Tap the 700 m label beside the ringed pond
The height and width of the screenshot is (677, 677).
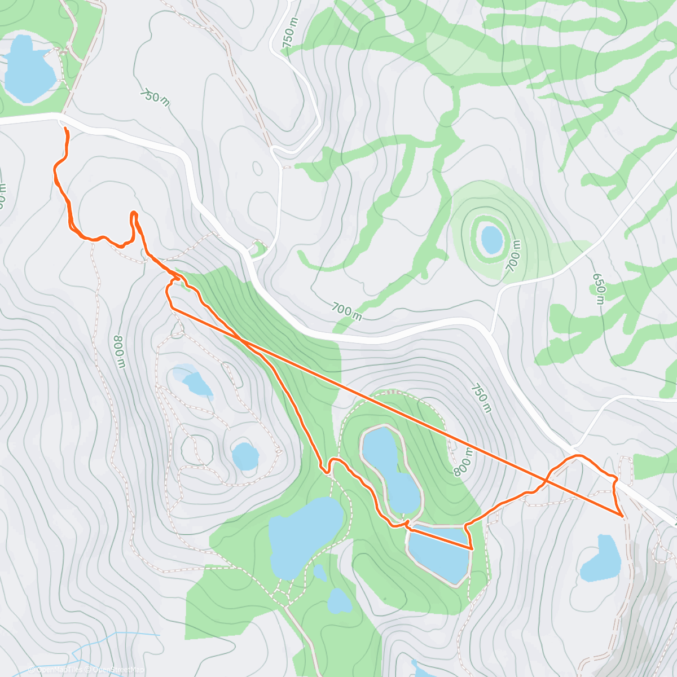(513, 256)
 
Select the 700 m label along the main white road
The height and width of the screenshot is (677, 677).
(346, 310)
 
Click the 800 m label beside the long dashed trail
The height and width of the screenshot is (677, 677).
(119, 351)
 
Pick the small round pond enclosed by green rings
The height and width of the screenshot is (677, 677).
(491, 239)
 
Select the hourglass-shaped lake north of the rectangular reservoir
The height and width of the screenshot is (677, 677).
(390, 468)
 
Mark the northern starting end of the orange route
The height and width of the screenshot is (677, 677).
(66, 129)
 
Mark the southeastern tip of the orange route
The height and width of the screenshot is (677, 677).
(622, 516)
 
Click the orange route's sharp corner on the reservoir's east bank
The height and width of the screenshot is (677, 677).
(471, 548)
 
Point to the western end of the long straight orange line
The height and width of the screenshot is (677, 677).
(172, 308)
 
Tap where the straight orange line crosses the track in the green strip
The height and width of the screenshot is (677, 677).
(241, 340)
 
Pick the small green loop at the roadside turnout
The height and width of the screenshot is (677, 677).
(258, 248)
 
